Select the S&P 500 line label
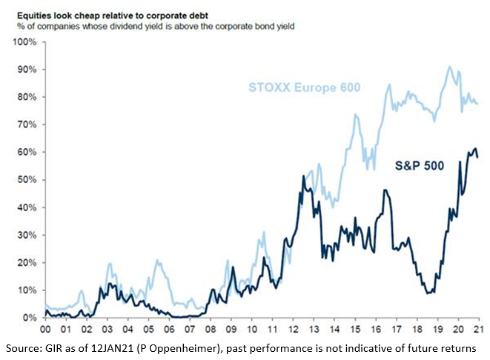coord(418,166)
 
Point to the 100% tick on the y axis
coord(26,42)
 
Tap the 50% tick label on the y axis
coord(27,180)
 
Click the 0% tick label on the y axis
coord(30,318)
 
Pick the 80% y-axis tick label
coord(27,97)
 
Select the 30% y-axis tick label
coord(27,235)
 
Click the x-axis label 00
coord(45,330)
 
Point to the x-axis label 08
coord(211,330)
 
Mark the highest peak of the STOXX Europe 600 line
coord(449,67)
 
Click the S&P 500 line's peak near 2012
coord(303,176)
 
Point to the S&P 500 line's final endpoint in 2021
coord(477,157)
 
